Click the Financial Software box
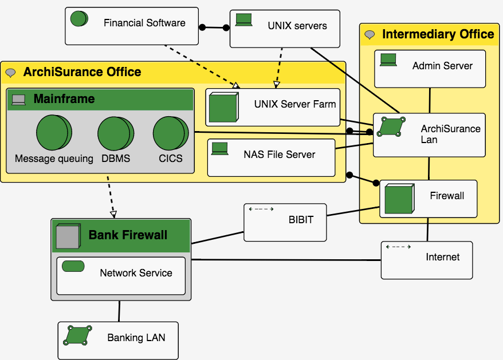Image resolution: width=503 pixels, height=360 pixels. pyautogui.click(x=132, y=26)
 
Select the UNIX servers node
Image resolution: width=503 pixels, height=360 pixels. pyautogui.click(x=285, y=29)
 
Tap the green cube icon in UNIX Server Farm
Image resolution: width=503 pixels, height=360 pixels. pyautogui.click(x=223, y=108)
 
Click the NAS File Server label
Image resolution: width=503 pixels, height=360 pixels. pyautogui.click(x=279, y=155)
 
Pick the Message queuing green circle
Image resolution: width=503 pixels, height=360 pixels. pyautogui.click(x=54, y=132)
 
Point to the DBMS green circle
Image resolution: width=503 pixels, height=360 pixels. pyautogui.click(x=115, y=132)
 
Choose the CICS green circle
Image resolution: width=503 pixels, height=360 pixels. pyautogui.click(x=170, y=132)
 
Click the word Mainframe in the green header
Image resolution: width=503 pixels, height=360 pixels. pyautogui.click(x=64, y=99)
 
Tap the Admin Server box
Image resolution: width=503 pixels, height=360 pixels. pyautogui.click(x=430, y=69)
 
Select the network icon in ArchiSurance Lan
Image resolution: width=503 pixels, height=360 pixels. pyautogui.click(x=391, y=126)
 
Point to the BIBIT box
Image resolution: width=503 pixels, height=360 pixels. pyautogui.click(x=285, y=222)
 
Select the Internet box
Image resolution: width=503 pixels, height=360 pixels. pyautogui.click(x=427, y=260)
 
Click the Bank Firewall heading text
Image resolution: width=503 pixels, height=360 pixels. pyautogui.click(x=128, y=235)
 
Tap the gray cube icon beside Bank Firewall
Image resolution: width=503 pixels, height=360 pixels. pyautogui.click(x=67, y=236)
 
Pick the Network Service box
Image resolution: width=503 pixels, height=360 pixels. pyautogui.click(x=121, y=276)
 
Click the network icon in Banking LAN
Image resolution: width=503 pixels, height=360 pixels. pyautogui.click(x=77, y=335)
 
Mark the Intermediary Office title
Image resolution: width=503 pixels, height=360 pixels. pyautogui.click(x=438, y=34)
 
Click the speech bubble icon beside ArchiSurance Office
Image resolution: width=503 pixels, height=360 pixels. pyautogui.click(x=11, y=73)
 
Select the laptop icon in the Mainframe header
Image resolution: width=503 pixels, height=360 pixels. pyautogui.click(x=19, y=100)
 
